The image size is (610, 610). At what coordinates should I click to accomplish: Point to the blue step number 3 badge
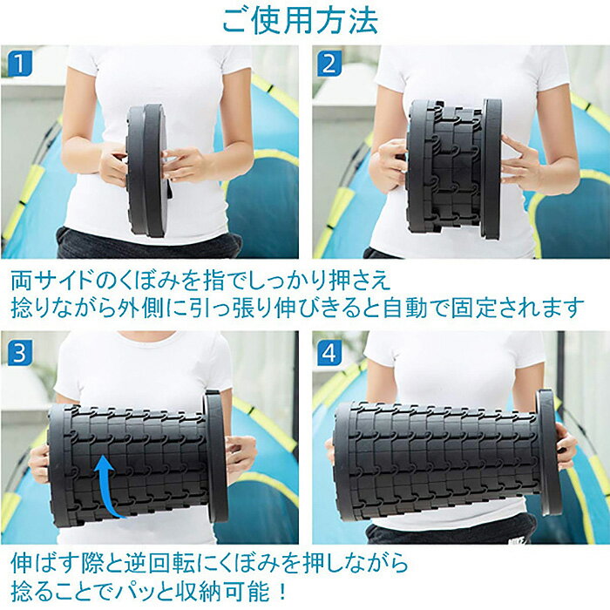pos(18,351)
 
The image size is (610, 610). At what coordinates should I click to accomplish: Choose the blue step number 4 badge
pos(328,351)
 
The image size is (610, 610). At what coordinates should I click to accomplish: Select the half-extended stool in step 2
pos(453,166)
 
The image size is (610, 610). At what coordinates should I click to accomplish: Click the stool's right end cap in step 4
pos(547,453)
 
